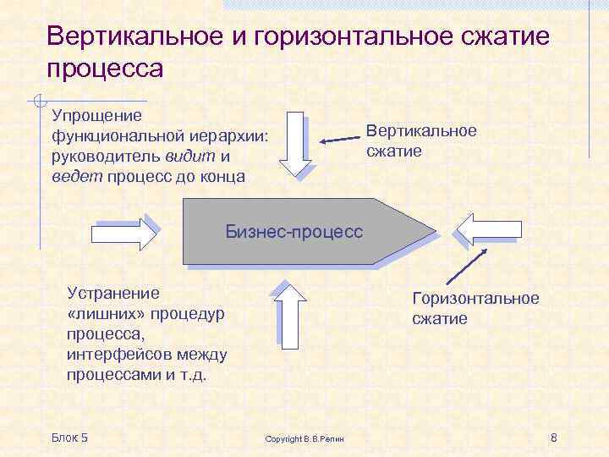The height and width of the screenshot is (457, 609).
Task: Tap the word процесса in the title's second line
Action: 105,68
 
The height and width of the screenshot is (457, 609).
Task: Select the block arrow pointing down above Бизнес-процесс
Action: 296,144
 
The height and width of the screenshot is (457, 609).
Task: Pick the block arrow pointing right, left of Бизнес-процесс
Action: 124,232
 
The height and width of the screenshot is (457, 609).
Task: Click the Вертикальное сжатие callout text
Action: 420,140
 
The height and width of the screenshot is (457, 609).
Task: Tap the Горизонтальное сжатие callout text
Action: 475,308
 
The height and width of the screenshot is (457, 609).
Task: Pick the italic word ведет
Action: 70,177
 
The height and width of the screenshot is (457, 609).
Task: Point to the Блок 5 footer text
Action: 69,437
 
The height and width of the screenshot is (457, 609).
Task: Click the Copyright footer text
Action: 310,438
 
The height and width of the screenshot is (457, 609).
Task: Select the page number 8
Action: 553,437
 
